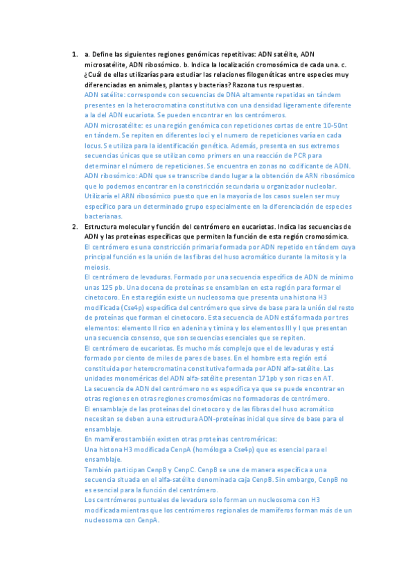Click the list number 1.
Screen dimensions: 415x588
[x=73, y=54]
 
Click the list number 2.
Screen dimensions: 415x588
[x=73, y=227]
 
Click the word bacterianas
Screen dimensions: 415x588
[x=103, y=217]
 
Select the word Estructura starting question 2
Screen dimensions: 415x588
[x=102, y=227]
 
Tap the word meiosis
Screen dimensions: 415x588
[x=96, y=267]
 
